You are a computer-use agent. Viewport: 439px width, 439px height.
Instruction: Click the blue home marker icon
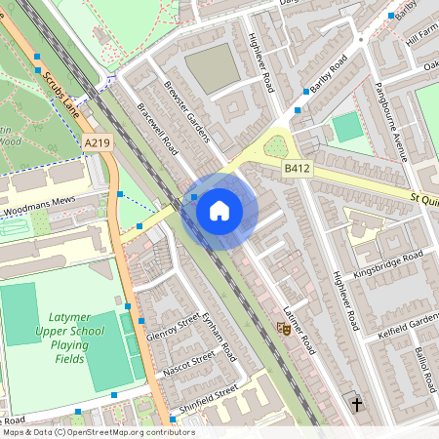tap(219, 209)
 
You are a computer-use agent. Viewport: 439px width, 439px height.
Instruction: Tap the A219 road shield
tap(97, 143)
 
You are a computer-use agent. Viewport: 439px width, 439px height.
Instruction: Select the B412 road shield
tap(298, 170)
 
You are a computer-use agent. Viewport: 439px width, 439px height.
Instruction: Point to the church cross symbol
tap(356, 402)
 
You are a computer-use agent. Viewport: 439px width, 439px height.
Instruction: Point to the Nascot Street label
tap(186, 365)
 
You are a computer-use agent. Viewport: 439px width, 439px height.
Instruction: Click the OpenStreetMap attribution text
tap(98, 431)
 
